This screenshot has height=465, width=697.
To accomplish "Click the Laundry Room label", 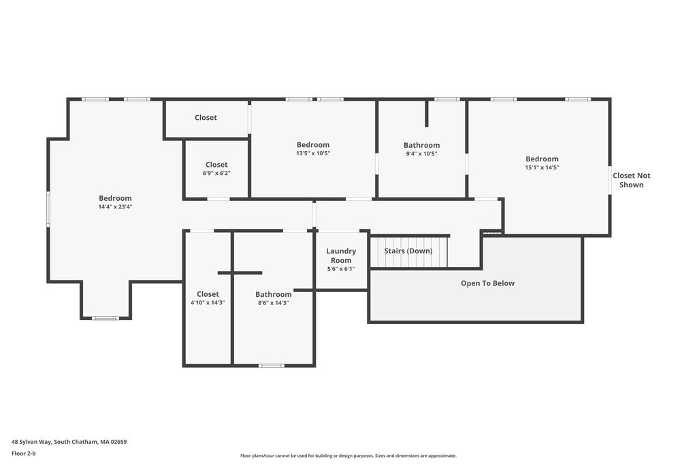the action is tap(341, 255).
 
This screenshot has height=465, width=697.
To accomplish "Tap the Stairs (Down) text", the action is tap(408, 251).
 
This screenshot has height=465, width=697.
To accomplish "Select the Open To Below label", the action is tap(487, 283).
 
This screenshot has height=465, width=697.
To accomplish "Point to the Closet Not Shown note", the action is tap(631, 180).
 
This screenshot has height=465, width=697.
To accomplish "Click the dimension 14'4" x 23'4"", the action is tap(116, 207).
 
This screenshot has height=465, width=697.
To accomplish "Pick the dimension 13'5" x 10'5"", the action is tap(313, 153).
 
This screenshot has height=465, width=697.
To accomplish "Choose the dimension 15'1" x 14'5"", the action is tap(542, 167).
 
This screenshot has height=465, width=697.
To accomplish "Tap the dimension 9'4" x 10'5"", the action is tap(421, 154).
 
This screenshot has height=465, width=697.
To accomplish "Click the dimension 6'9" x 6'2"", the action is tap(216, 173).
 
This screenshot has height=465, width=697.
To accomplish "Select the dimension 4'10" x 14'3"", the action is tap(208, 303).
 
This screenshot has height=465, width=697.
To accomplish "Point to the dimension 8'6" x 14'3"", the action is tap(274, 303).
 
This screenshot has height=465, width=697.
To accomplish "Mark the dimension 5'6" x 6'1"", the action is tap(341, 268).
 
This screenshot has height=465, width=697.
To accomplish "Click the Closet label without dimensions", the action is tap(206, 117).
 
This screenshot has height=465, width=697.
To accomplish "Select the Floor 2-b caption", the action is tap(24, 453).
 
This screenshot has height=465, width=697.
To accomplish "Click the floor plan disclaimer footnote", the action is tap(348, 455).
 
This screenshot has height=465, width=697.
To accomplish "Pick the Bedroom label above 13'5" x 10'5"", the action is tap(313, 144).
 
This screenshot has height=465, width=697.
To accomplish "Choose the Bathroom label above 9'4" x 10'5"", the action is tap(422, 145).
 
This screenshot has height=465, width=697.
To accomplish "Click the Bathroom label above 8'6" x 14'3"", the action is tap(274, 294).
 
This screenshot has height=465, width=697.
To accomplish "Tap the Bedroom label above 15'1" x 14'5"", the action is tap(542, 159).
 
